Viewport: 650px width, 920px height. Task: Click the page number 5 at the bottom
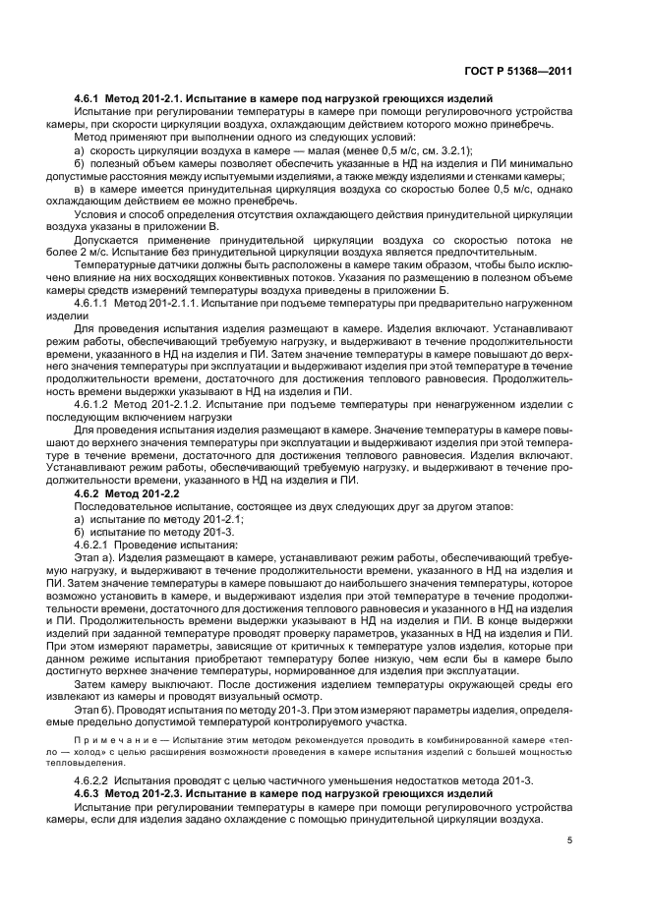pos(569,840)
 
